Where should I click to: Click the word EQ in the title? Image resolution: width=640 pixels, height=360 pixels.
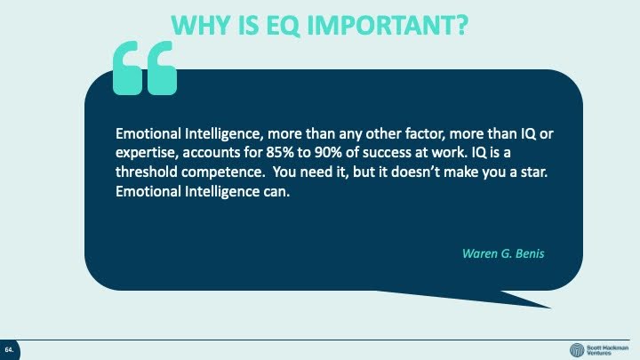pyautogui.click(x=283, y=25)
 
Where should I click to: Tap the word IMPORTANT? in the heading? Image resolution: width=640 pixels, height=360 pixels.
pyautogui.click(x=387, y=25)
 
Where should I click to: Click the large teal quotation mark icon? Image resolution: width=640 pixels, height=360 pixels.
pyautogui.click(x=145, y=68)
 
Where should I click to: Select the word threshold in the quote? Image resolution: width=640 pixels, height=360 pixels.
pyautogui.click(x=146, y=172)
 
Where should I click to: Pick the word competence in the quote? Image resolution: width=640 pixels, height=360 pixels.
pyautogui.click(x=223, y=172)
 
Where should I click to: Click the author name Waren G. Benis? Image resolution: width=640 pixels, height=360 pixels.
pyautogui.click(x=503, y=253)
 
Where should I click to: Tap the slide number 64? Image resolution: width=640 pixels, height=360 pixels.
pyautogui.click(x=9, y=350)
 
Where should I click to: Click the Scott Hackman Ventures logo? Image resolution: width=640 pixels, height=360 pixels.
pyautogui.click(x=599, y=350)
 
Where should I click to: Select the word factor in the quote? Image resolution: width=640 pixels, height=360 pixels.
pyautogui.click(x=425, y=134)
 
